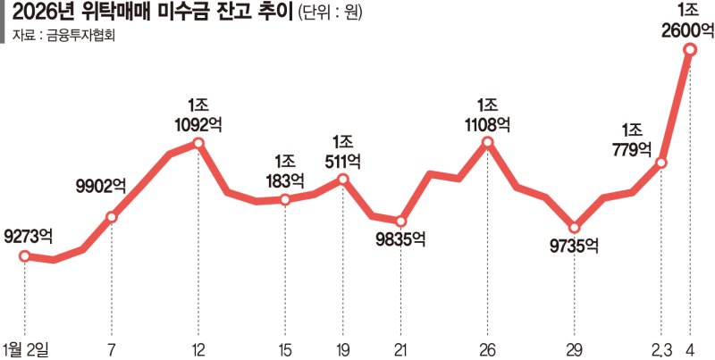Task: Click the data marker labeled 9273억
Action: coord(25,256)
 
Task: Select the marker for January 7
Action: coord(112,216)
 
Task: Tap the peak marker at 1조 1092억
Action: coord(198,143)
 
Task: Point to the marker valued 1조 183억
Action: coord(285,199)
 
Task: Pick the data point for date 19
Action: coord(343,180)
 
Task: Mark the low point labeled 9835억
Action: coord(401,221)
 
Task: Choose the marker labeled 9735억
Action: coord(575,227)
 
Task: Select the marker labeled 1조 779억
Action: coord(661,163)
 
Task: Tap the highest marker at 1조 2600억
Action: coord(690,51)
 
